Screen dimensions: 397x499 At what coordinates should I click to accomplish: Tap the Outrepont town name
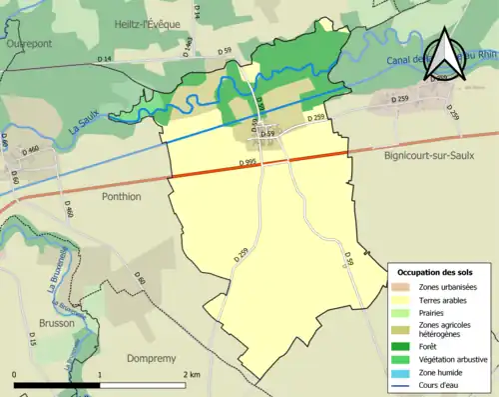(x=28, y=45)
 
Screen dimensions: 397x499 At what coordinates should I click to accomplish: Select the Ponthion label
(x=122, y=197)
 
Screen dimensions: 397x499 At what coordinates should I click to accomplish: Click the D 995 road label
(x=250, y=163)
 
